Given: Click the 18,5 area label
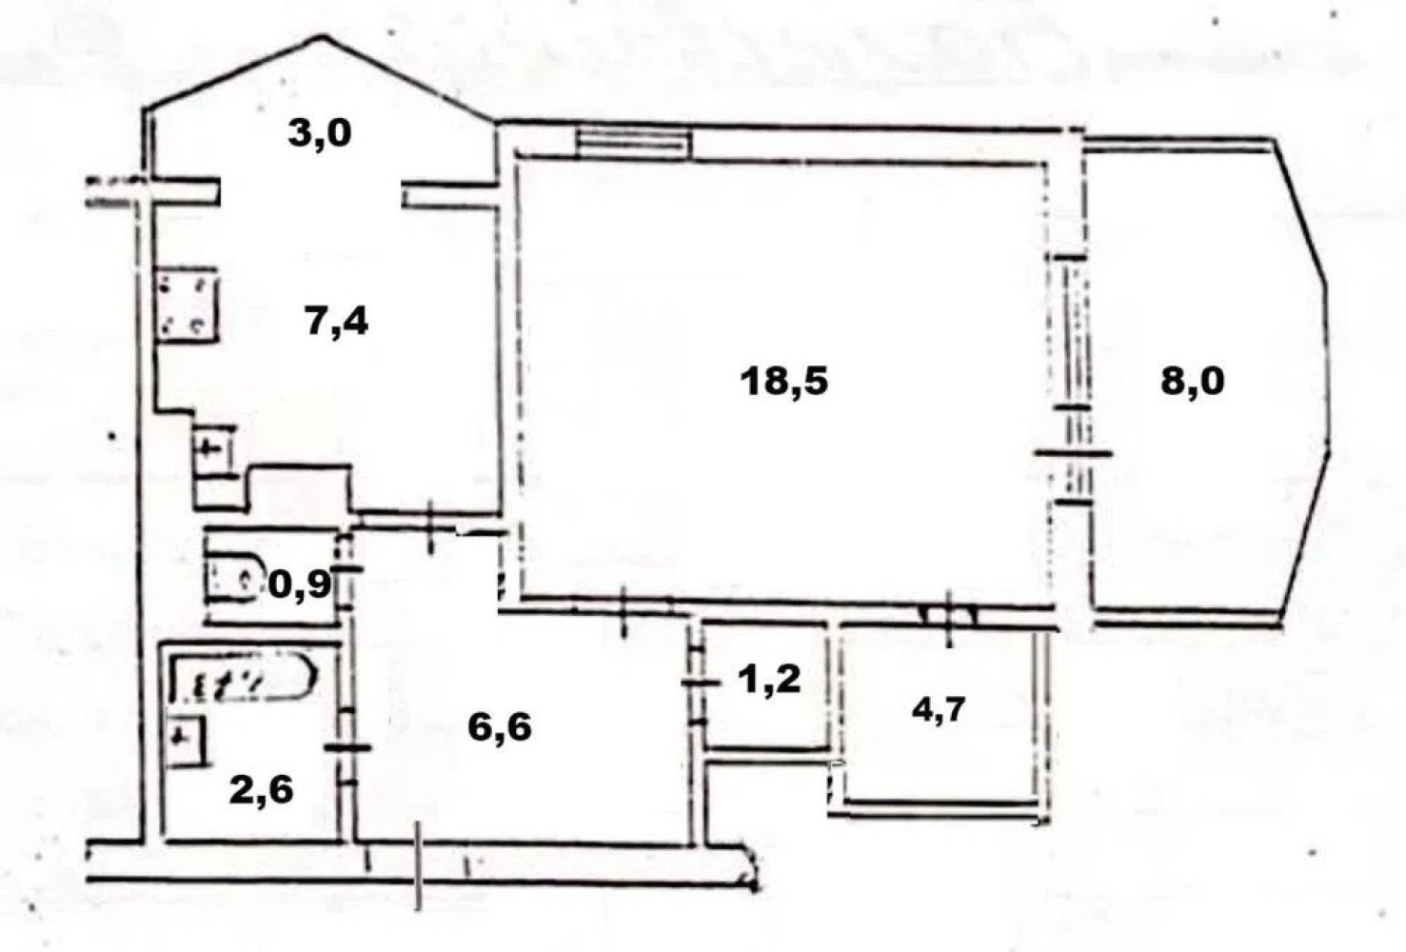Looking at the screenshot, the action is pyautogui.click(x=784, y=382).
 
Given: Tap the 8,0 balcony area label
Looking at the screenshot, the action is pyautogui.click(x=1192, y=382).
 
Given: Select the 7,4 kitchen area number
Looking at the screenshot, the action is pyautogui.click(x=336, y=323).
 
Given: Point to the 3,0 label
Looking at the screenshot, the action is pyautogui.click(x=320, y=134).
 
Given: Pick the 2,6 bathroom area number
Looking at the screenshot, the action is pyautogui.click(x=261, y=791).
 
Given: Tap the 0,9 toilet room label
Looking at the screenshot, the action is pyautogui.click(x=300, y=585).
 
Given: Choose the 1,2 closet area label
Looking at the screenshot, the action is pyautogui.click(x=769, y=680).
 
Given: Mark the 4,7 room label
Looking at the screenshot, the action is pyautogui.click(x=939, y=712).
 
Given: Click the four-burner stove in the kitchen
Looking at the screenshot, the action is pyautogui.click(x=187, y=305).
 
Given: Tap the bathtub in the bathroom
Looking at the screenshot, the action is pyautogui.click(x=244, y=679).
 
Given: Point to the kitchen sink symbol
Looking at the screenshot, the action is pyautogui.click(x=213, y=450).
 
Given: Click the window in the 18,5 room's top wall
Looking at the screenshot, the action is pyautogui.click(x=634, y=142).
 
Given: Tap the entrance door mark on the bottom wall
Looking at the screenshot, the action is pyautogui.click(x=418, y=865).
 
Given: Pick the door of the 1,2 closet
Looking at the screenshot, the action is pyautogui.click(x=698, y=683).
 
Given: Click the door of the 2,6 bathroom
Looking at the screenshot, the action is pyautogui.click(x=347, y=746).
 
